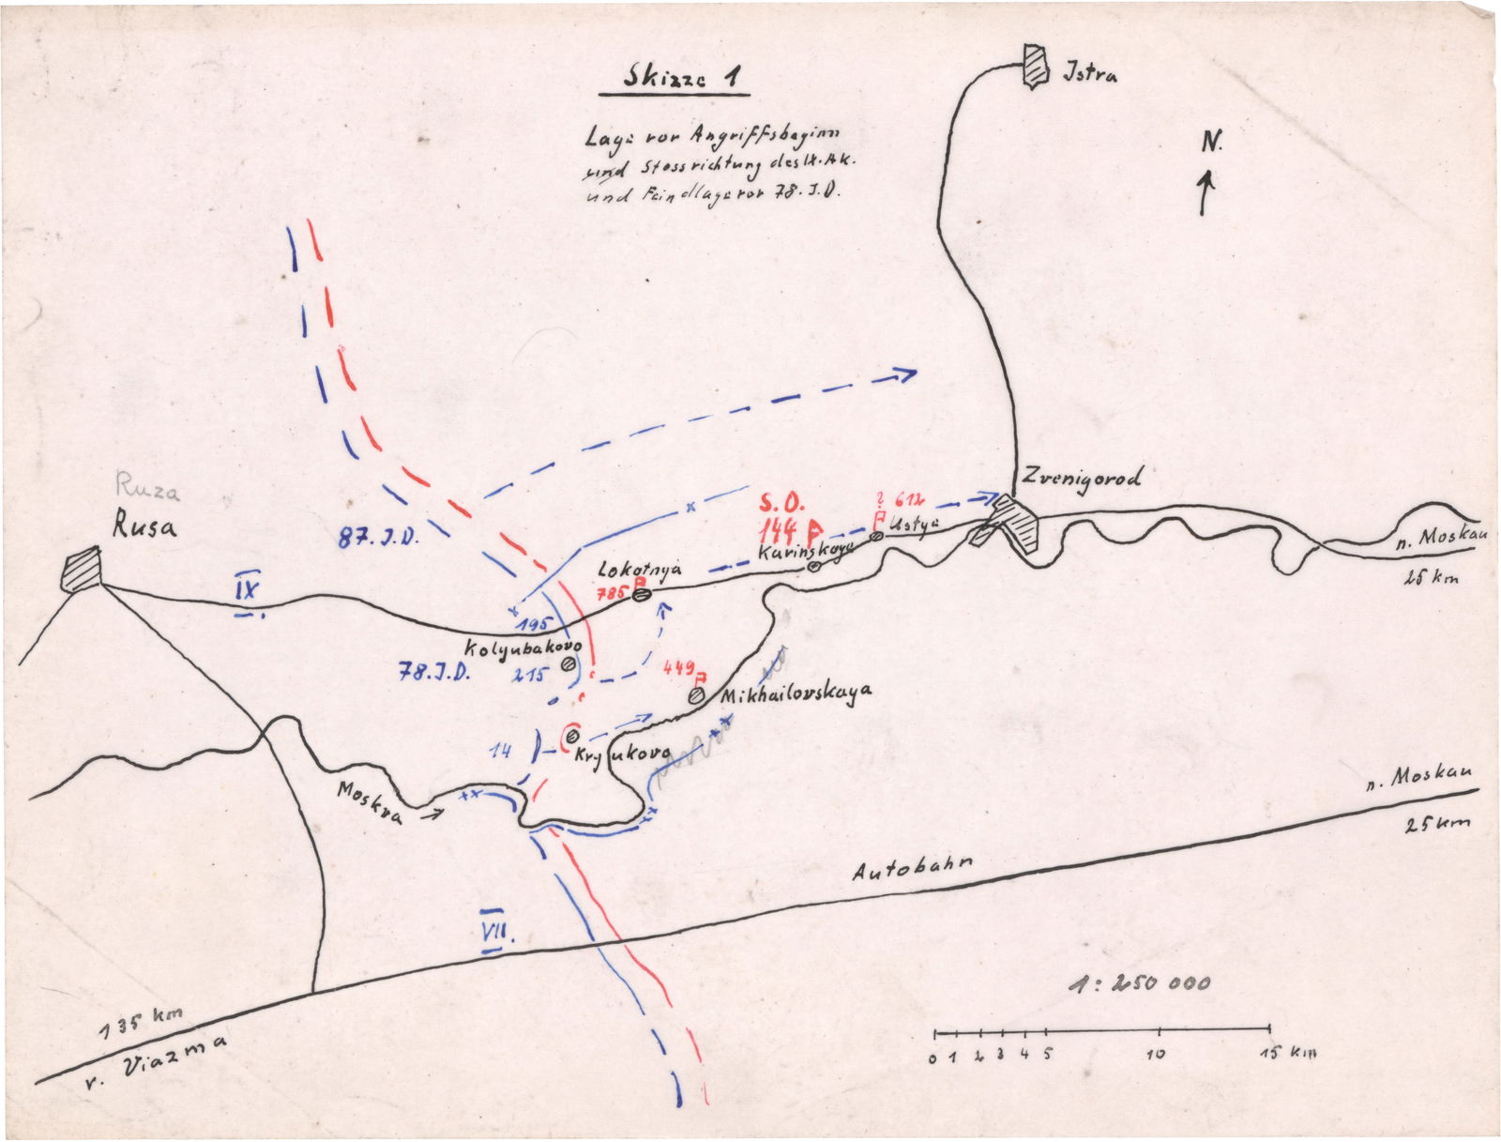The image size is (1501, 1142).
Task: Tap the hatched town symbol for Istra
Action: [1035, 66]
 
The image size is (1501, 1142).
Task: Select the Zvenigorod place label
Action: [1083, 478]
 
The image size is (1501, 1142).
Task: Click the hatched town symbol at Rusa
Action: [81, 571]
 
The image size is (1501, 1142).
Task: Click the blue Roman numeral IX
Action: [248, 590]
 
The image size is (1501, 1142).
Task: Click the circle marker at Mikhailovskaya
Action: [696, 696]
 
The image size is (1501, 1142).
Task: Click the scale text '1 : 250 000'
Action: [1140, 983]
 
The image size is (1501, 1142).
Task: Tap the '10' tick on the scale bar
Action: [1156, 1054]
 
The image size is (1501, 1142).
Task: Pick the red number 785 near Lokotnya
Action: [616, 593]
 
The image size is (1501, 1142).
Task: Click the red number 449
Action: [678, 668]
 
